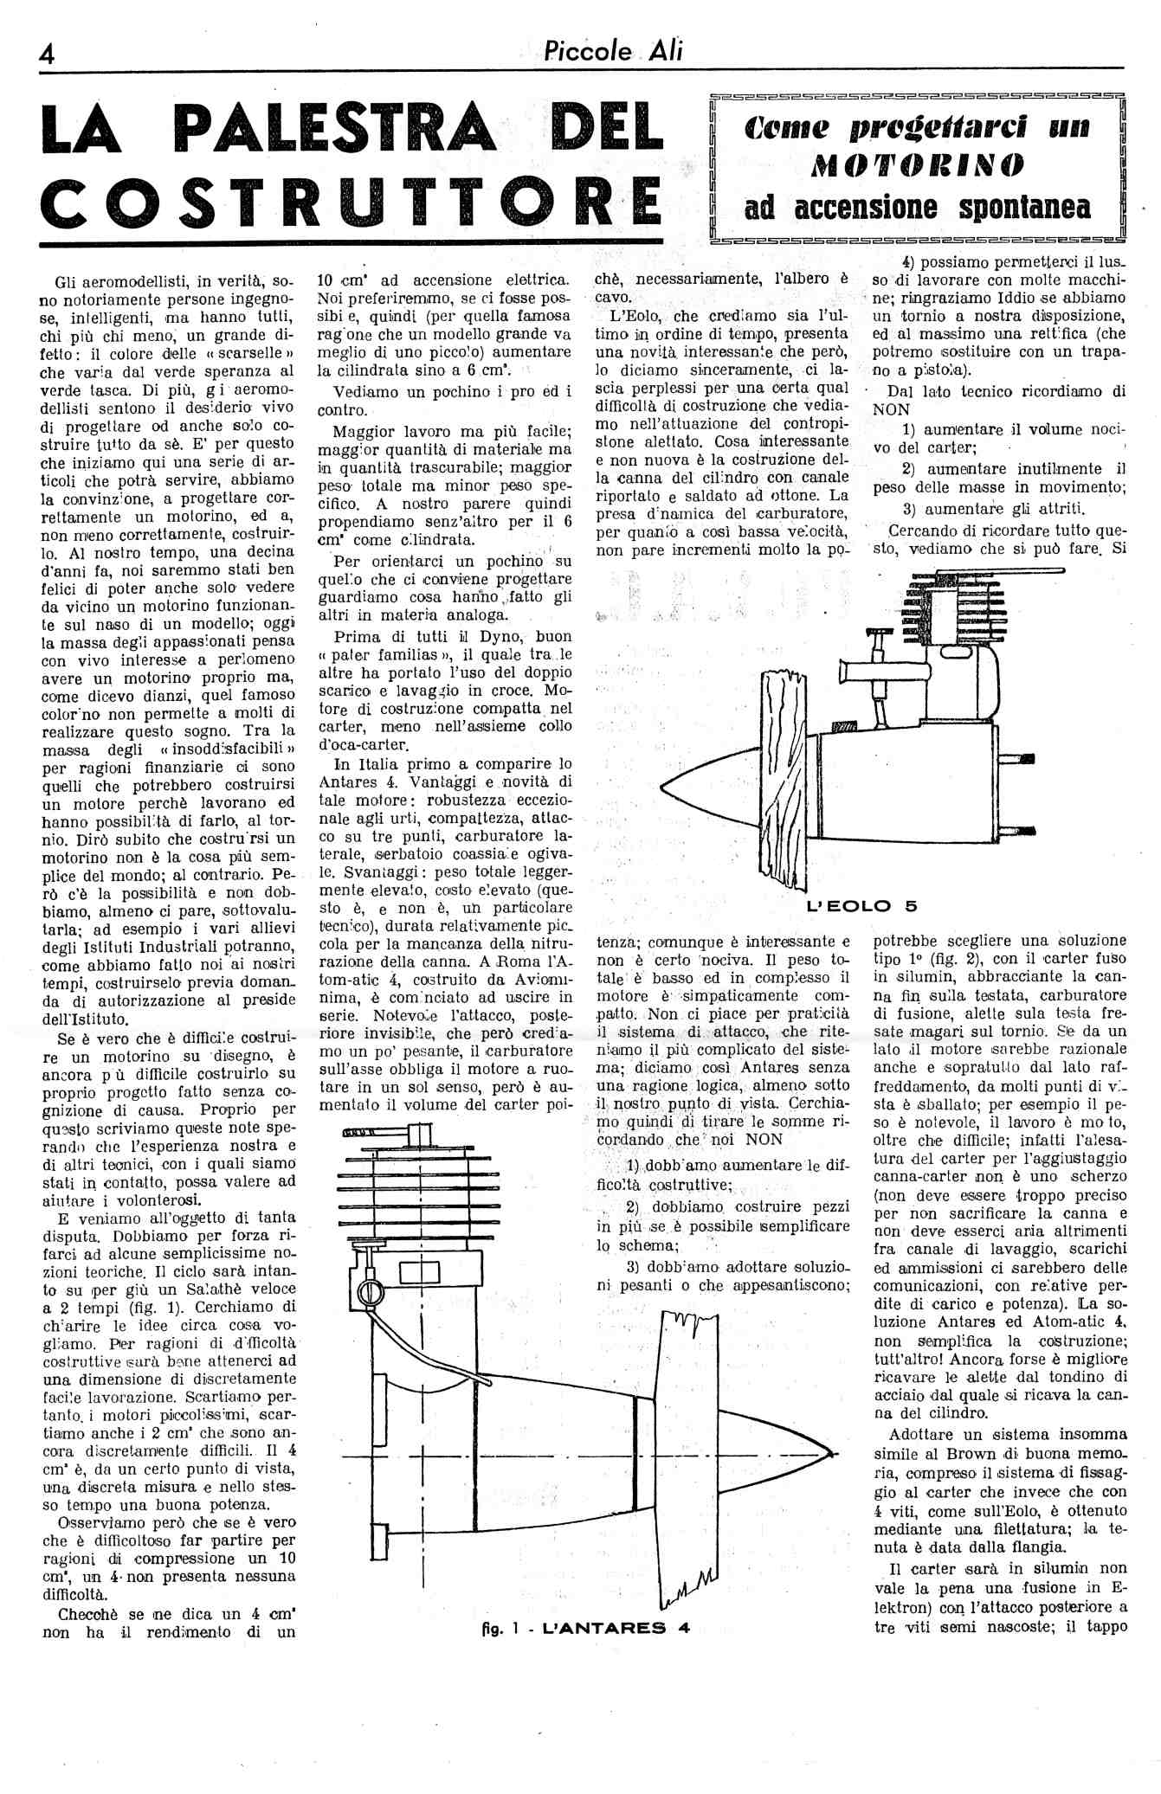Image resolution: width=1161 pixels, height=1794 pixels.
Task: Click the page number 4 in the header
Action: (x=47, y=54)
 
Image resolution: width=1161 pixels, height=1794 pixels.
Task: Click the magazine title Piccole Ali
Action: (x=613, y=51)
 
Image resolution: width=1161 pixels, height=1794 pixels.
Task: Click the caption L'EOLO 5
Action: (x=861, y=906)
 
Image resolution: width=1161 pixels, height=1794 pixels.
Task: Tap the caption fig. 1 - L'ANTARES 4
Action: (x=585, y=1627)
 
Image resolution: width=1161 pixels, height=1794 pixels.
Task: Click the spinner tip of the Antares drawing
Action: (x=829, y=1451)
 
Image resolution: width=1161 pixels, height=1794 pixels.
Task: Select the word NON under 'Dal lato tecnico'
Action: (x=892, y=410)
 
